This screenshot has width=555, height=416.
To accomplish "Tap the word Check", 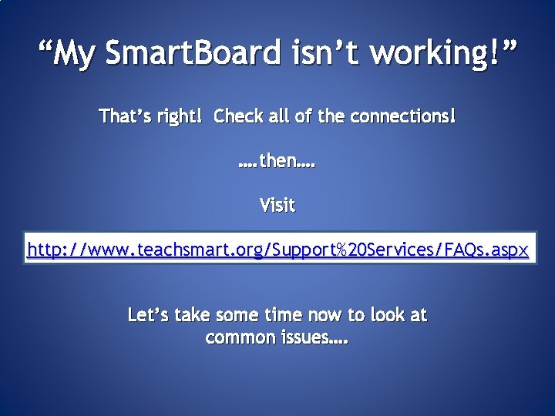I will click(238, 116).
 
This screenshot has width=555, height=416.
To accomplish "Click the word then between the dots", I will click(277, 162).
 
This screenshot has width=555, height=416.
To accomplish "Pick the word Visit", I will click(277, 206).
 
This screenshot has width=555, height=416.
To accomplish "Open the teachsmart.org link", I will click(277, 250).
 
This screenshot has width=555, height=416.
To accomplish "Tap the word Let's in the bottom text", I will click(149, 314).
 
